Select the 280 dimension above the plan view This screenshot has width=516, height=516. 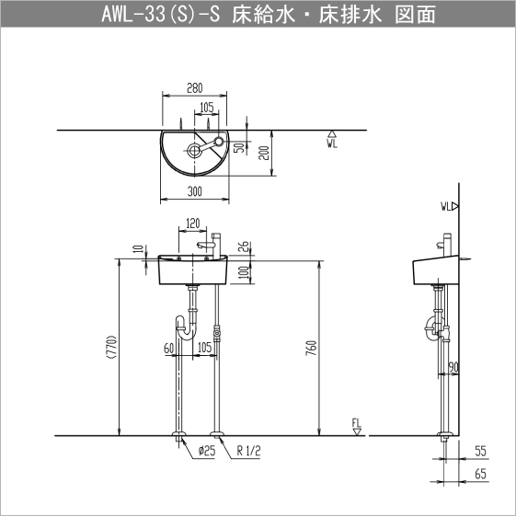coord(194,88)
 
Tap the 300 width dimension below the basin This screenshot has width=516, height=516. coord(194,190)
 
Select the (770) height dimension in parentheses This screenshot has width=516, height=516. coord(111,348)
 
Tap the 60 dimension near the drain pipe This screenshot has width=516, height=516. coord(169,348)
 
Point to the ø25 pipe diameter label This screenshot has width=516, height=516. coord(205,451)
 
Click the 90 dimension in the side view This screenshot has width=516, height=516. coord(453,368)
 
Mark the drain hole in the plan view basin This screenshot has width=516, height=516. coord(195,148)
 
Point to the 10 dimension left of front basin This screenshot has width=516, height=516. coord(138,249)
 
